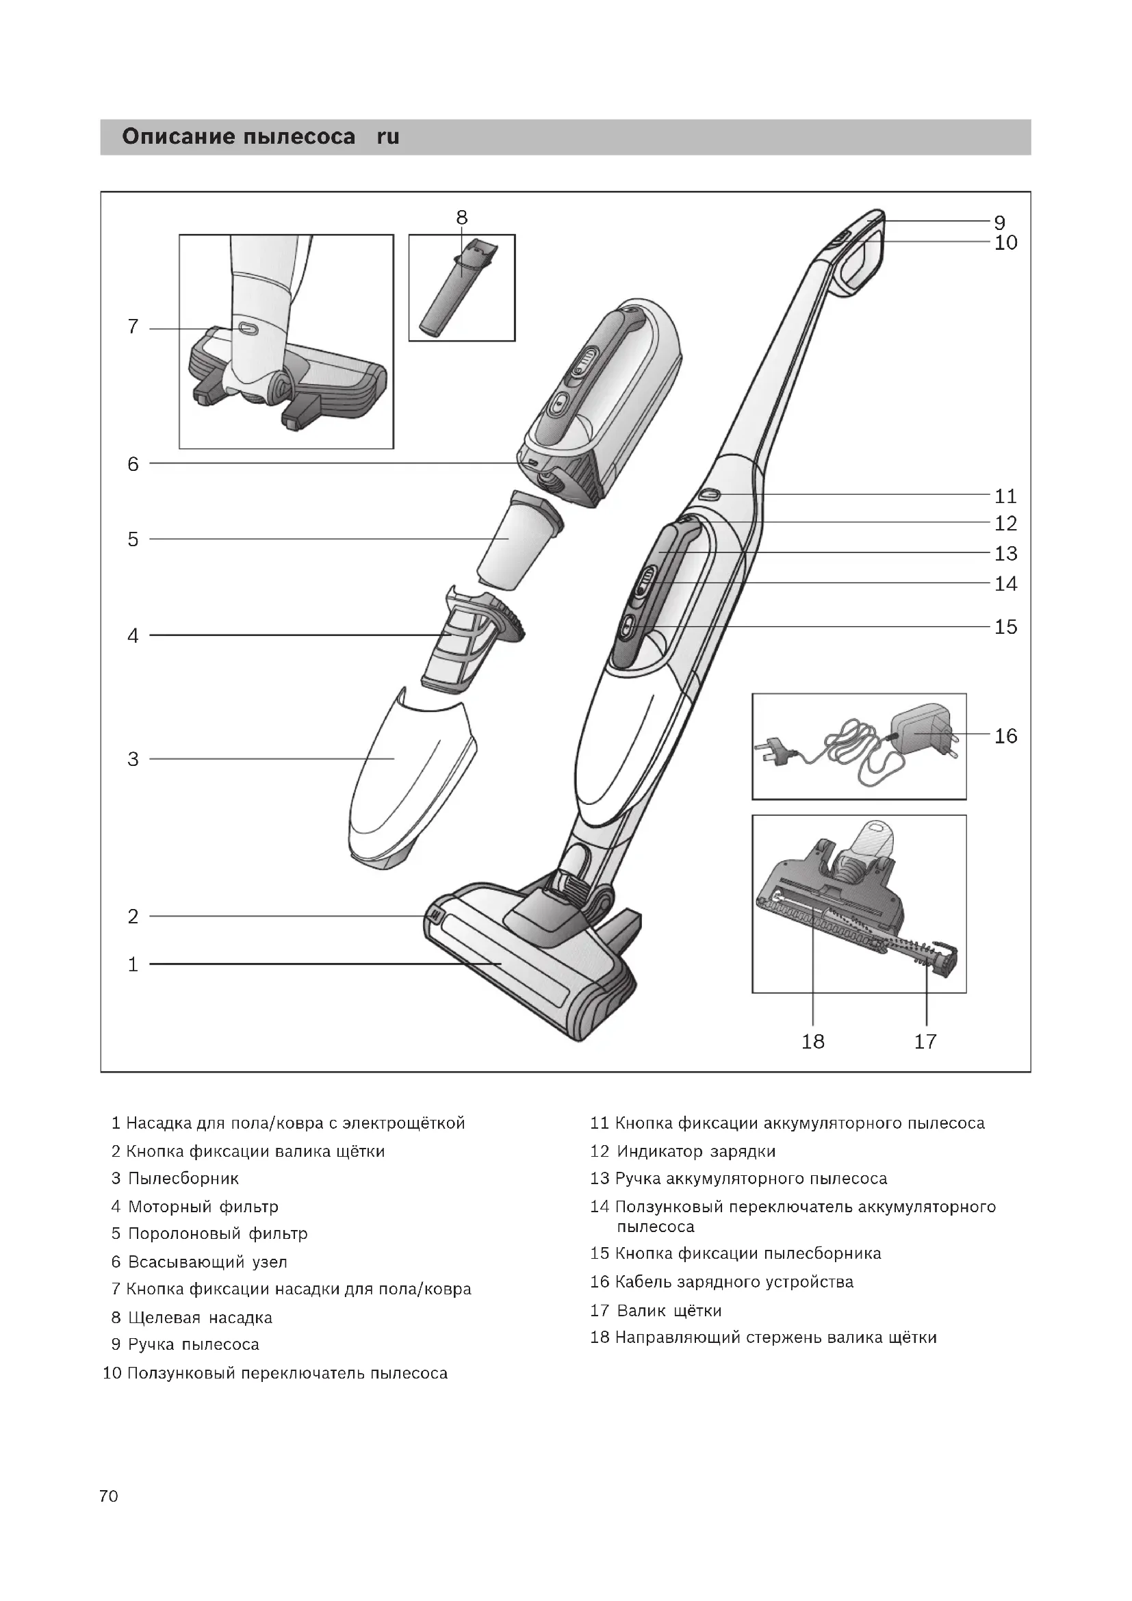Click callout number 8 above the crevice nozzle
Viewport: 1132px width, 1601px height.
(461, 218)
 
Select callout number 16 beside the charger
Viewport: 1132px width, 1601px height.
(1005, 736)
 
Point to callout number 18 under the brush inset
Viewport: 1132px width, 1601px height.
(813, 1042)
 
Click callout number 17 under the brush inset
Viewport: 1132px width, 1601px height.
(926, 1042)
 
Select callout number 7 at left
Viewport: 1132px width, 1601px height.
(133, 326)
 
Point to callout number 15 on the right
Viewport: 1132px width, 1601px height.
(1005, 627)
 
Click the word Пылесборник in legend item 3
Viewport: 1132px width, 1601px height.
(183, 1179)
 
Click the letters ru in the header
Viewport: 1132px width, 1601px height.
(387, 137)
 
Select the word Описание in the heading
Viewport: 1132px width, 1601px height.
(179, 137)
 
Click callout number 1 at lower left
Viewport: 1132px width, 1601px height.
(133, 965)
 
